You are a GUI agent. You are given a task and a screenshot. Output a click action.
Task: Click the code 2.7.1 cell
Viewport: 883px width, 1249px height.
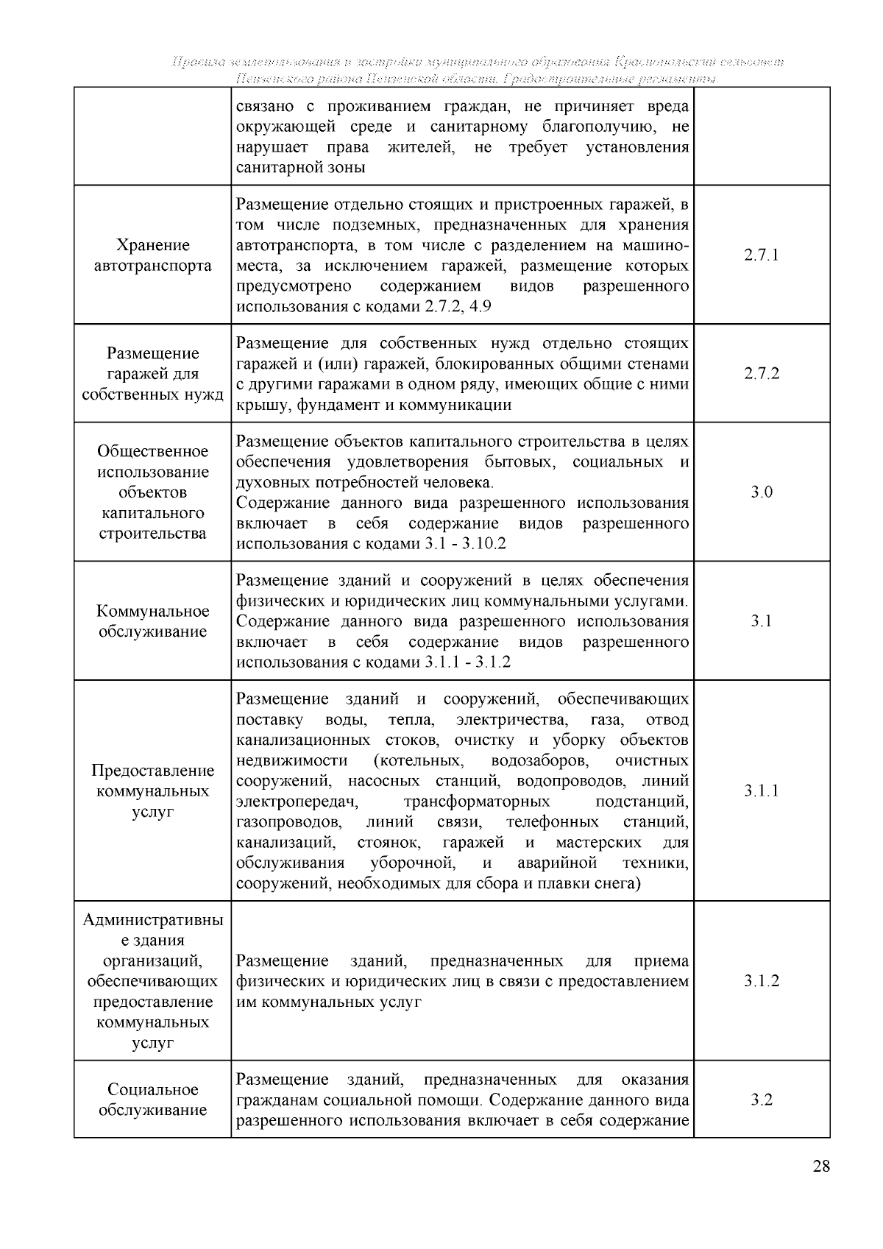click(x=761, y=255)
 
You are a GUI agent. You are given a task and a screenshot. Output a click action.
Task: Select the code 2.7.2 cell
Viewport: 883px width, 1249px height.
click(x=761, y=374)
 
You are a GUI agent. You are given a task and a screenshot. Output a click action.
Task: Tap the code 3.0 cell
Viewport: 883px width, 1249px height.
click(x=761, y=492)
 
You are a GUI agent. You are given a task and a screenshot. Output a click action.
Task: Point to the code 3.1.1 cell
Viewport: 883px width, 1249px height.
click(x=761, y=791)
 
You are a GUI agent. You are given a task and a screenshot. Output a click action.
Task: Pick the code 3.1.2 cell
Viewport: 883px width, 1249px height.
click(x=761, y=981)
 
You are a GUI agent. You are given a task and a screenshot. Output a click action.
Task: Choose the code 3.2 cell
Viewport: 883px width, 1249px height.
click(x=761, y=1100)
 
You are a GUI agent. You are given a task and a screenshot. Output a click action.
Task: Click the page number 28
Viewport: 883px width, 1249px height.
click(x=821, y=1167)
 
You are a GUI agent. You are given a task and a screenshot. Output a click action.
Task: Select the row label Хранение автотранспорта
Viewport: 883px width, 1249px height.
click(x=152, y=255)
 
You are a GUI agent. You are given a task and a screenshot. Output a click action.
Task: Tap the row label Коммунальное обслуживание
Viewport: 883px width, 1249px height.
click(x=152, y=621)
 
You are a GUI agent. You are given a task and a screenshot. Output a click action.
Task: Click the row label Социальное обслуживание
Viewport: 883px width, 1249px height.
click(x=152, y=1100)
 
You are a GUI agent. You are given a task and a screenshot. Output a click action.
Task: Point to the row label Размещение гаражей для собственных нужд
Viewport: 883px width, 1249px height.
click(x=152, y=374)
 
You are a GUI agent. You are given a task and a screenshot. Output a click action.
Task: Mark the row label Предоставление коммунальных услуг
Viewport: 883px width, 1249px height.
click(x=152, y=791)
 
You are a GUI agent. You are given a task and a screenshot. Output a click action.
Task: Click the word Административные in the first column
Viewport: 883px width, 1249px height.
click(x=152, y=930)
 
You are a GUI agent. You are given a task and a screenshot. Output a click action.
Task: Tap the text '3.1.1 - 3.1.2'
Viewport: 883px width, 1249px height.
click(x=467, y=662)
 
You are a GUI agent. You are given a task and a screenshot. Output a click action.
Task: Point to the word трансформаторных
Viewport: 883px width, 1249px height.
click(x=477, y=801)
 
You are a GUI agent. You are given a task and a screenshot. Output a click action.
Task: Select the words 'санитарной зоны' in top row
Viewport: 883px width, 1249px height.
click(x=301, y=167)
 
